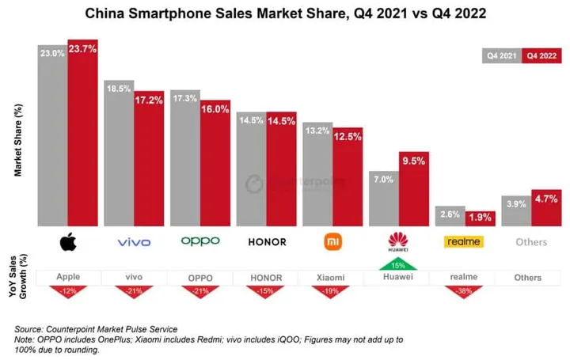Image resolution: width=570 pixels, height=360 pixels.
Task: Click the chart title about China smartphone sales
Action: point(285,13)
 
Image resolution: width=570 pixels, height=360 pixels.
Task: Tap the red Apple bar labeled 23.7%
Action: point(82,135)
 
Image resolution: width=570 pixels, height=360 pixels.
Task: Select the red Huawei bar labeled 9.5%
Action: point(413,190)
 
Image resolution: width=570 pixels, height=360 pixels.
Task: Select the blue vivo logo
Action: point(134,242)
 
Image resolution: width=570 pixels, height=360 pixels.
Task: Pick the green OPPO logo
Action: point(200,241)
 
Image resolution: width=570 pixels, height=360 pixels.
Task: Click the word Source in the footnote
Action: point(32,328)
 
